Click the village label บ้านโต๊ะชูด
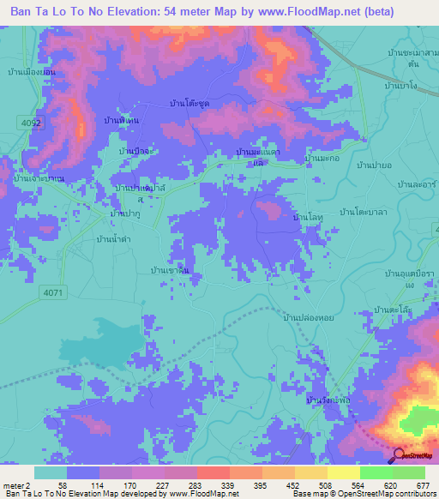(x=189, y=103)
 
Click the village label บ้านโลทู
(x=307, y=219)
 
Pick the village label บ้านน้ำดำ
(x=112, y=237)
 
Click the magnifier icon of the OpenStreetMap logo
(x=399, y=456)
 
